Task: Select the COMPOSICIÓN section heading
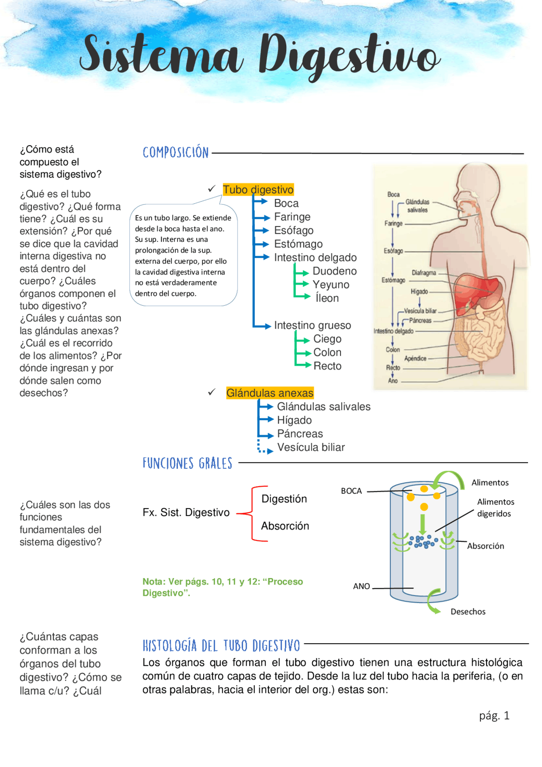click(176, 152)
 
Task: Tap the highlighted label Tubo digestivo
click(258, 190)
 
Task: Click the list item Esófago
click(294, 230)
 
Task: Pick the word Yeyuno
click(331, 285)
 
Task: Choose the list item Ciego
click(327, 339)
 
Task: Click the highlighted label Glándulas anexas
click(270, 393)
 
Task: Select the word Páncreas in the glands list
click(300, 434)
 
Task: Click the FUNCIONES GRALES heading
click(187, 463)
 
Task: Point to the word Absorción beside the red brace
click(285, 526)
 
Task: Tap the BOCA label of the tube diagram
click(351, 491)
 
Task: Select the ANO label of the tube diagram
click(362, 586)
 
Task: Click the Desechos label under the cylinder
click(468, 612)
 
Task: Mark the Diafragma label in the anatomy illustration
click(424, 273)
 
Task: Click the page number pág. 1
click(494, 716)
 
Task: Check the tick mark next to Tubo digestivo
click(212, 189)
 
